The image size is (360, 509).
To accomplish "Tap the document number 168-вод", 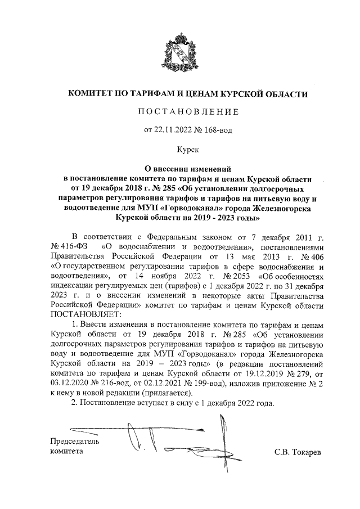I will (213, 130).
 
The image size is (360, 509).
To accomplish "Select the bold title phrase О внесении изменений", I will (180, 168).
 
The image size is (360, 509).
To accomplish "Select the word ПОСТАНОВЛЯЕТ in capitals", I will (84, 316).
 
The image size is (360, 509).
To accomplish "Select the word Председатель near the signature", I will (75, 441).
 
